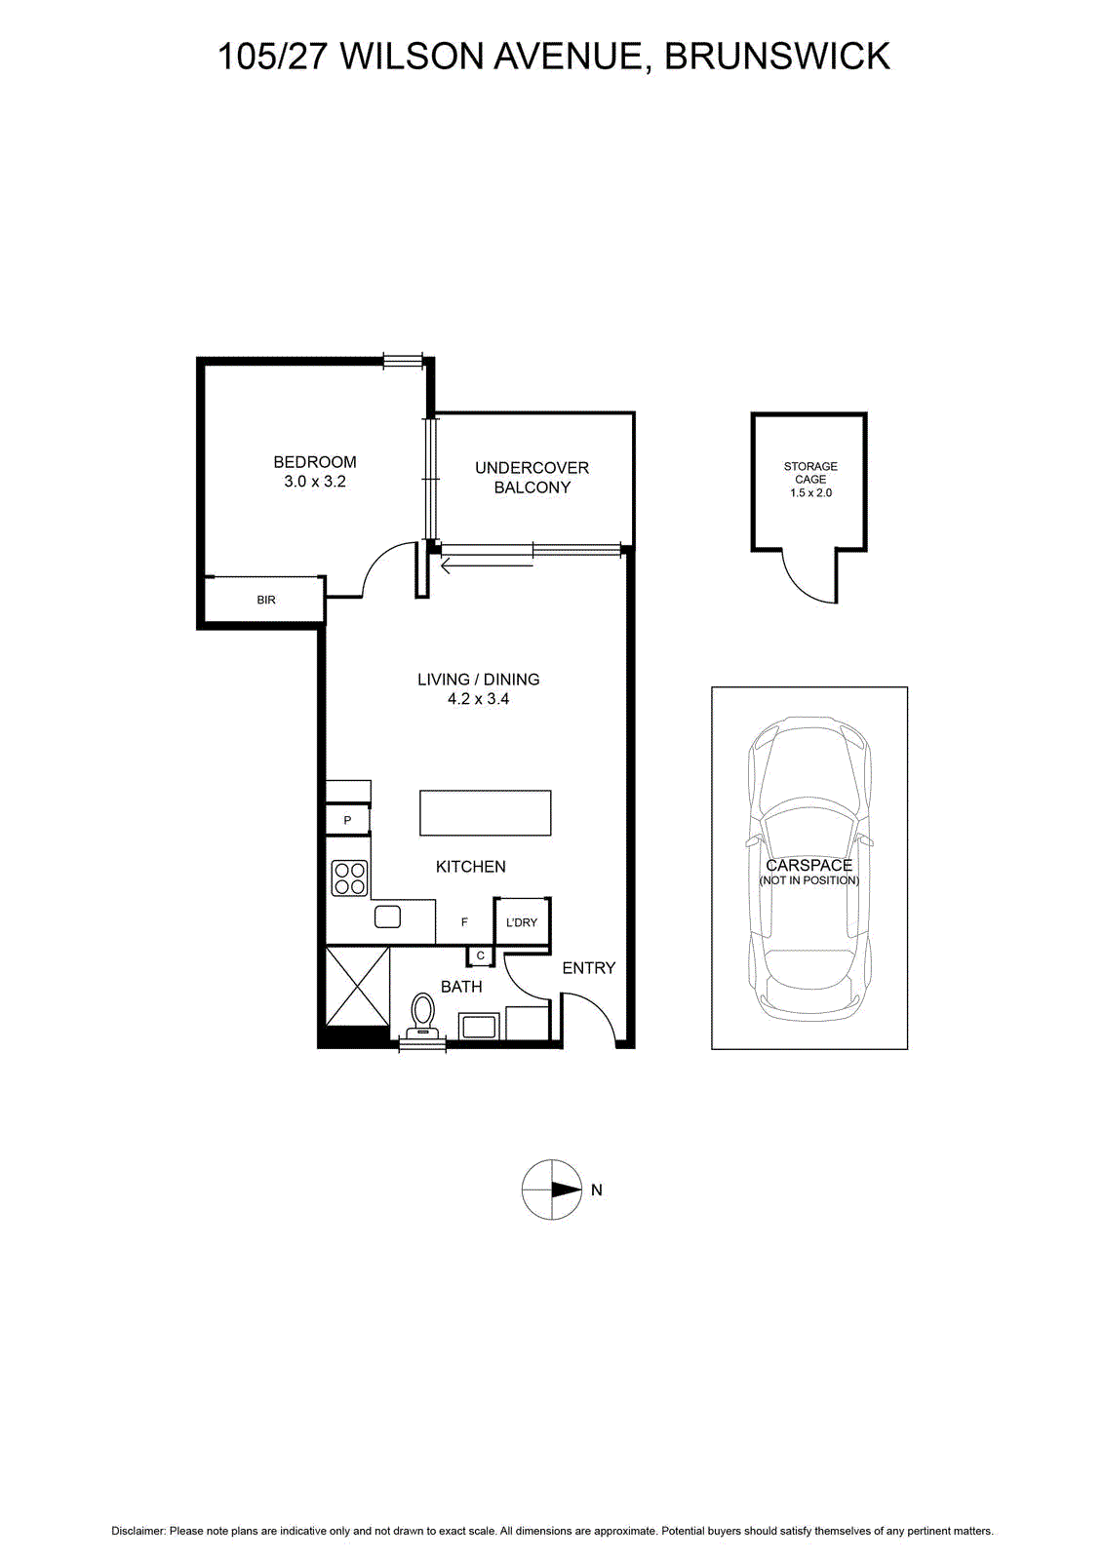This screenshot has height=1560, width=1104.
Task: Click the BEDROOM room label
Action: (x=315, y=462)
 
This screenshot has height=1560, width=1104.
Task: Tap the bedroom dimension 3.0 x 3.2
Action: (x=315, y=482)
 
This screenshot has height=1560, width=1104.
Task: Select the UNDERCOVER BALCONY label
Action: (x=532, y=477)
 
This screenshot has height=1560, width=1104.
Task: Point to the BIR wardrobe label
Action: (x=266, y=600)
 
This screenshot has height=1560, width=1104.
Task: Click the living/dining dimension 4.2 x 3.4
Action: (x=479, y=698)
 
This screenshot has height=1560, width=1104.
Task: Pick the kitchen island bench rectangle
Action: (x=486, y=813)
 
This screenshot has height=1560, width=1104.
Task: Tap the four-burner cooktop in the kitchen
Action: (x=350, y=877)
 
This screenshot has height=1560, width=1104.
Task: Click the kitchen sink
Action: (x=388, y=916)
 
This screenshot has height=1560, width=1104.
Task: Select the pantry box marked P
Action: (x=347, y=820)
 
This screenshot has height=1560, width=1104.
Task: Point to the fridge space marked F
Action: (x=464, y=922)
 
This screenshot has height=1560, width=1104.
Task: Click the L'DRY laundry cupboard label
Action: (x=522, y=922)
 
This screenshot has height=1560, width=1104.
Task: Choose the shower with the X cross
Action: (x=357, y=986)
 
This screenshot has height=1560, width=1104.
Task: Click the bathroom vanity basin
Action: (x=478, y=1027)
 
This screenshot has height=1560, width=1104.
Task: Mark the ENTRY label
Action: (x=589, y=968)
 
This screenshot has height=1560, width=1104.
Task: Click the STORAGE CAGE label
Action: (x=810, y=473)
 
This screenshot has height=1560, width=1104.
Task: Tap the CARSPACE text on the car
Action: (x=809, y=865)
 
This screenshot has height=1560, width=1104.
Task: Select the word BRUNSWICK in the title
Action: (x=777, y=57)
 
